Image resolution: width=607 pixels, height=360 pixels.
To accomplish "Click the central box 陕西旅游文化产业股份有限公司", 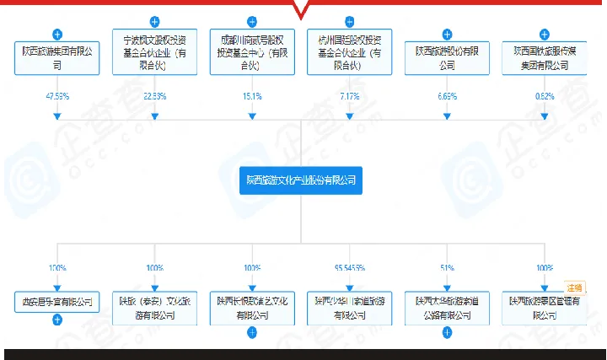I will click(302, 179).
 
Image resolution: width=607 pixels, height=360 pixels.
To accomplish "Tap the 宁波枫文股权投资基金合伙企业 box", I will click(154, 50).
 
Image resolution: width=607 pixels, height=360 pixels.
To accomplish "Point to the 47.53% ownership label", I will click(57, 96).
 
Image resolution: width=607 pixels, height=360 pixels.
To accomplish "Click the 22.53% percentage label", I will click(154, 96).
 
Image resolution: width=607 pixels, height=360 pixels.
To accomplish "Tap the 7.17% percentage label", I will click(349, 96).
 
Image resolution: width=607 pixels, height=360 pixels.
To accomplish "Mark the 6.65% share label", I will click(447, 96).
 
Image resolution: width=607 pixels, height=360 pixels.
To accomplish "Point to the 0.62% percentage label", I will click(545, 96).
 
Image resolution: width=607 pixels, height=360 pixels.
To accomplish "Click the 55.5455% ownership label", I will click(349, 267).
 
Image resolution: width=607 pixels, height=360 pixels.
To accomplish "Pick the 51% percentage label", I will click(447, 267).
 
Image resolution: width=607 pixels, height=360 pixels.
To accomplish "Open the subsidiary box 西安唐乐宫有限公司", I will click(57, 301).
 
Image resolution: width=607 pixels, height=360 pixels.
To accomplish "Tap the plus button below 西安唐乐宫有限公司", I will click(57, 320).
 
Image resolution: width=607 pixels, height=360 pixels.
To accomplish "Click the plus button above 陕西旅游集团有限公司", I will click(57, 35).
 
